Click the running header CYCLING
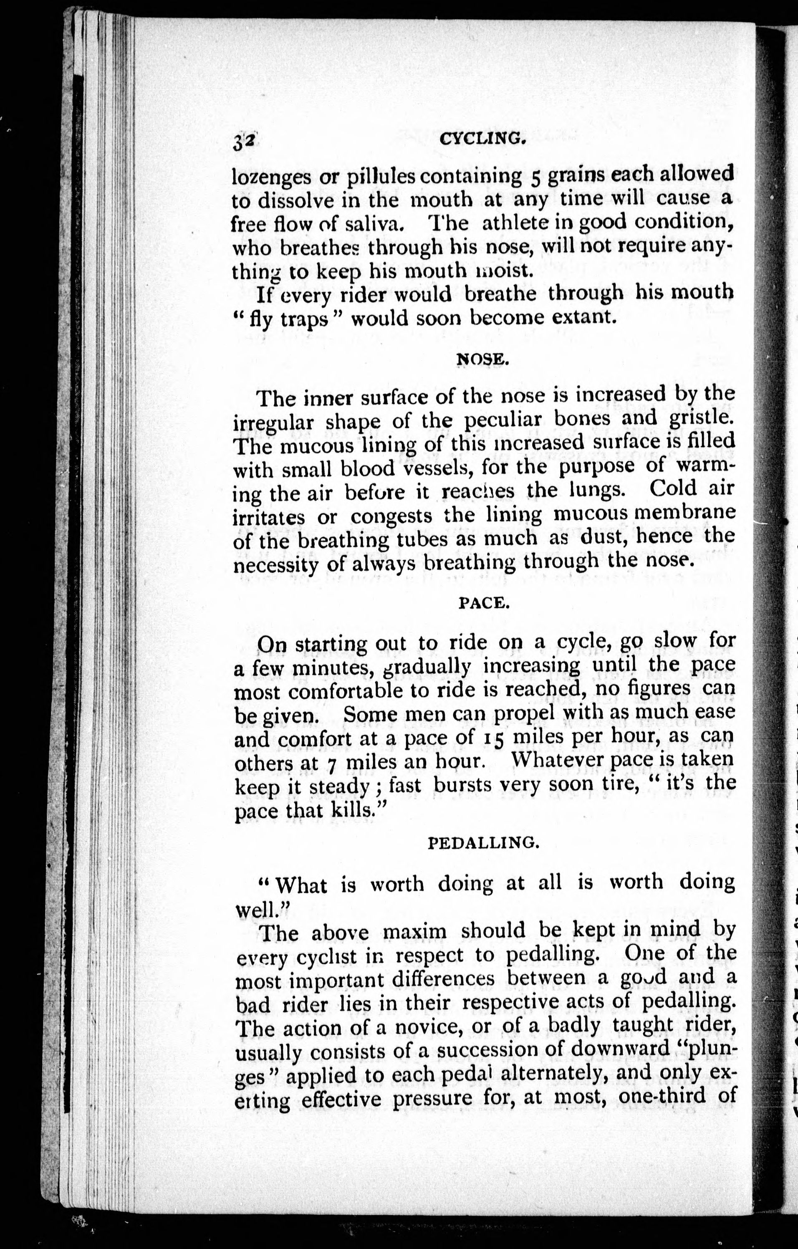point(482,139)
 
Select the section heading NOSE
point(482,359)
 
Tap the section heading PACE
point(484,603)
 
